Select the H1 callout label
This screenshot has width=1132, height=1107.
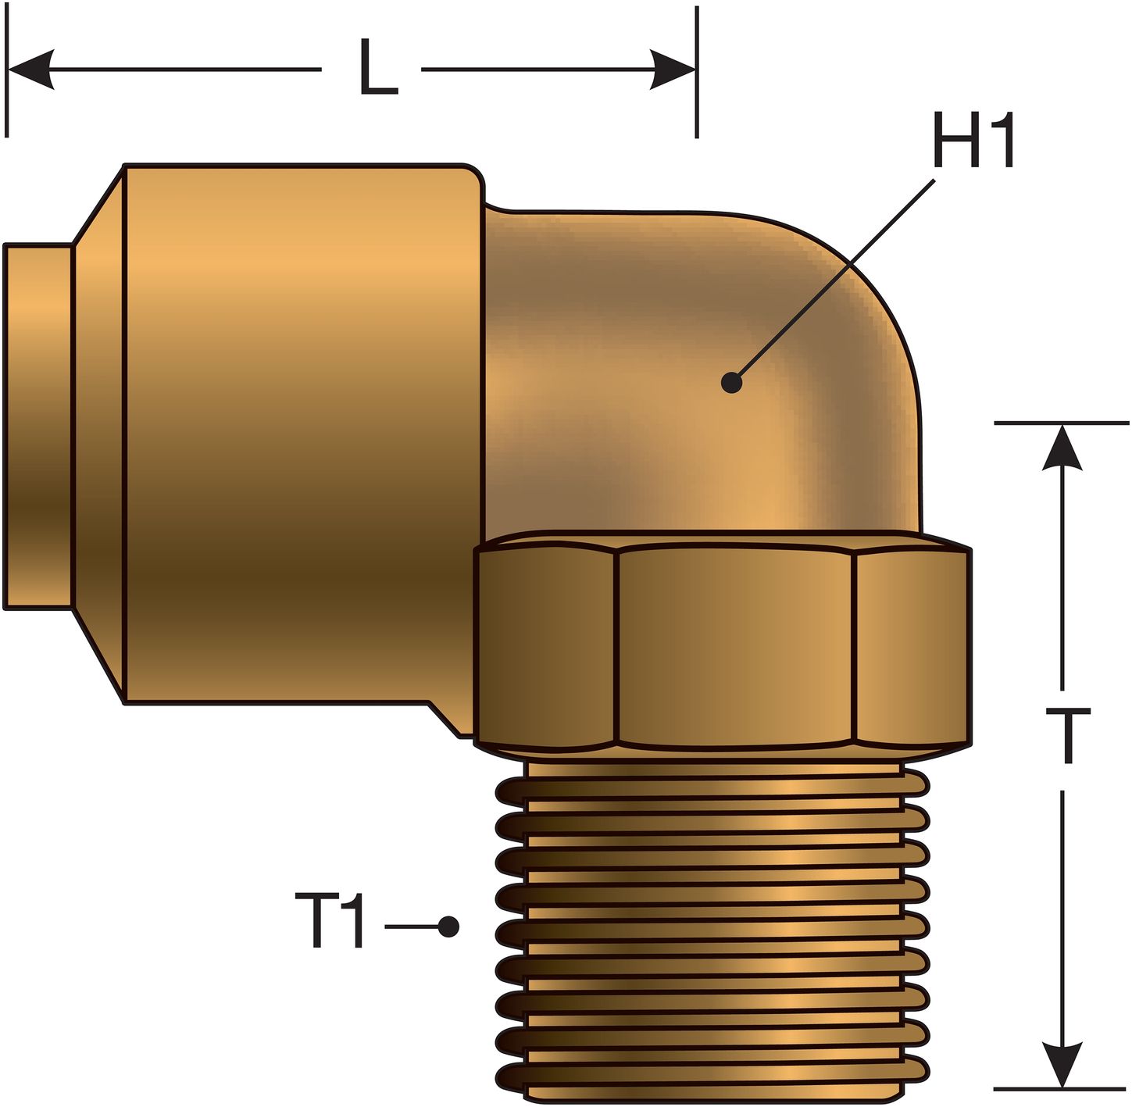(973, 141)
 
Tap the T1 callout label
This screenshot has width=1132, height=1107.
(330, 922)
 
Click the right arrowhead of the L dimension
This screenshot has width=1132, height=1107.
(673, 69)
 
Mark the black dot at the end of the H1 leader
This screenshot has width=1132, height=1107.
(731, 383)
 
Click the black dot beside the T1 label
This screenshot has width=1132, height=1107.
(448, 927)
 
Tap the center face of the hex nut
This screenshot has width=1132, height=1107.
(734, 645)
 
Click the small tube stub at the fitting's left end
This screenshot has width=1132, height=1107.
(37, 426)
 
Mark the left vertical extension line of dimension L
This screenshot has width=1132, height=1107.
(6, 70)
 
